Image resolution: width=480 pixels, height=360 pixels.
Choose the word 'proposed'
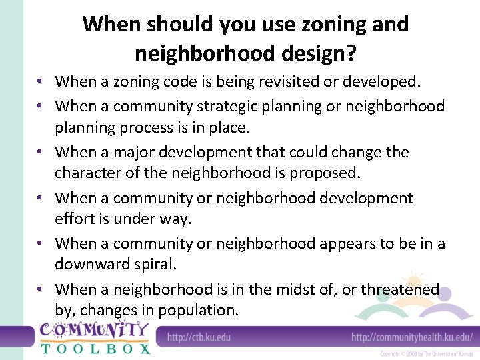coord(323,173)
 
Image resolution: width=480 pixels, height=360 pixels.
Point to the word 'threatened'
coord(400,289)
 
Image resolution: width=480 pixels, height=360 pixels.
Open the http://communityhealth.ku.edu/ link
coord(412,337)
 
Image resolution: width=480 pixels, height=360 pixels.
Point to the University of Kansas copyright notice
coord(427,354)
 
